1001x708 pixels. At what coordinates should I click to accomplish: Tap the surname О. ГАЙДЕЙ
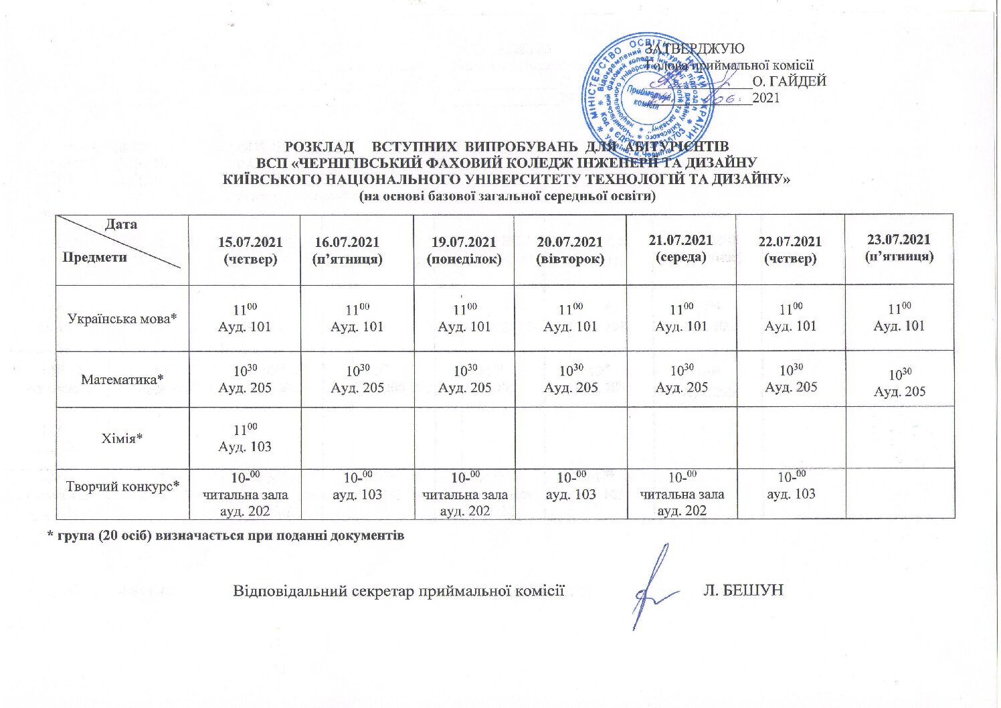pyautogui.click(x=790, y=82)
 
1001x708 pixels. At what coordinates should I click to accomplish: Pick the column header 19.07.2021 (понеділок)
pyautogui.click(x=464, y=250)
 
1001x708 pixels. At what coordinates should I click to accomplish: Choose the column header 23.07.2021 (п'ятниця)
pyautogui.click(x=899, y=248)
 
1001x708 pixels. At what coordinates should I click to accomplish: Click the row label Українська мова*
pyautogui.click(x=122, y=319)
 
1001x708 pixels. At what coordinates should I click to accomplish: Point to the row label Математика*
pyautogui.click(x=122, y=379)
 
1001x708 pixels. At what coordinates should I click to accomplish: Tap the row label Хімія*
pyautogui.click(x=122, y=438)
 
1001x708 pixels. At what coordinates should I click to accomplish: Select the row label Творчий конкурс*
pyautogui.click(x=122, y=486)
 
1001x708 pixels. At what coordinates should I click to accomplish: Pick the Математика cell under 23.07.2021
pyautogui.click(x=899, y=383)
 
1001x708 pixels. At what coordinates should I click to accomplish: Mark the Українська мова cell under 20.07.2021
pyautogui.click(x=570, y=318)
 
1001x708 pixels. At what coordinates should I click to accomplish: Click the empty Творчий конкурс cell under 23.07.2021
pyautogui.click(x=899, y=493)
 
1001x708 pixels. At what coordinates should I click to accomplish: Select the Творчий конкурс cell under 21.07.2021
pyautogui.click(x=682, y=494)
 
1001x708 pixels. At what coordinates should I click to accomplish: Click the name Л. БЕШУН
pyautogui.click(x=743, y=590)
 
